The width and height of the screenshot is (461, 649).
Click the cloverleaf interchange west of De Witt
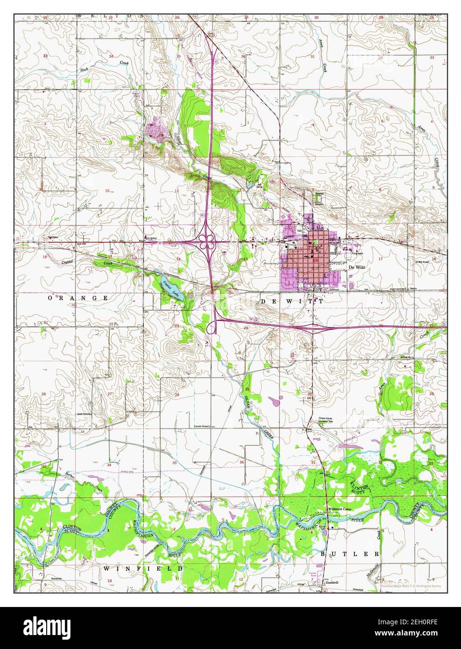click(206, 241)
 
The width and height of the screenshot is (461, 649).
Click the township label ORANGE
click(77, 297)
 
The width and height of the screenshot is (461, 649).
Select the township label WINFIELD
click(143, 568)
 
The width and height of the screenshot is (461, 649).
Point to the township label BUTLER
click(350, 553)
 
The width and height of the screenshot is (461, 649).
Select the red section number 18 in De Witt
click(316, 261)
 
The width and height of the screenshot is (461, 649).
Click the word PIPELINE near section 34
click(126, 472)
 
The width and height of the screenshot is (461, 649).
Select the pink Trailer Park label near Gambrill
click(314, 574)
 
